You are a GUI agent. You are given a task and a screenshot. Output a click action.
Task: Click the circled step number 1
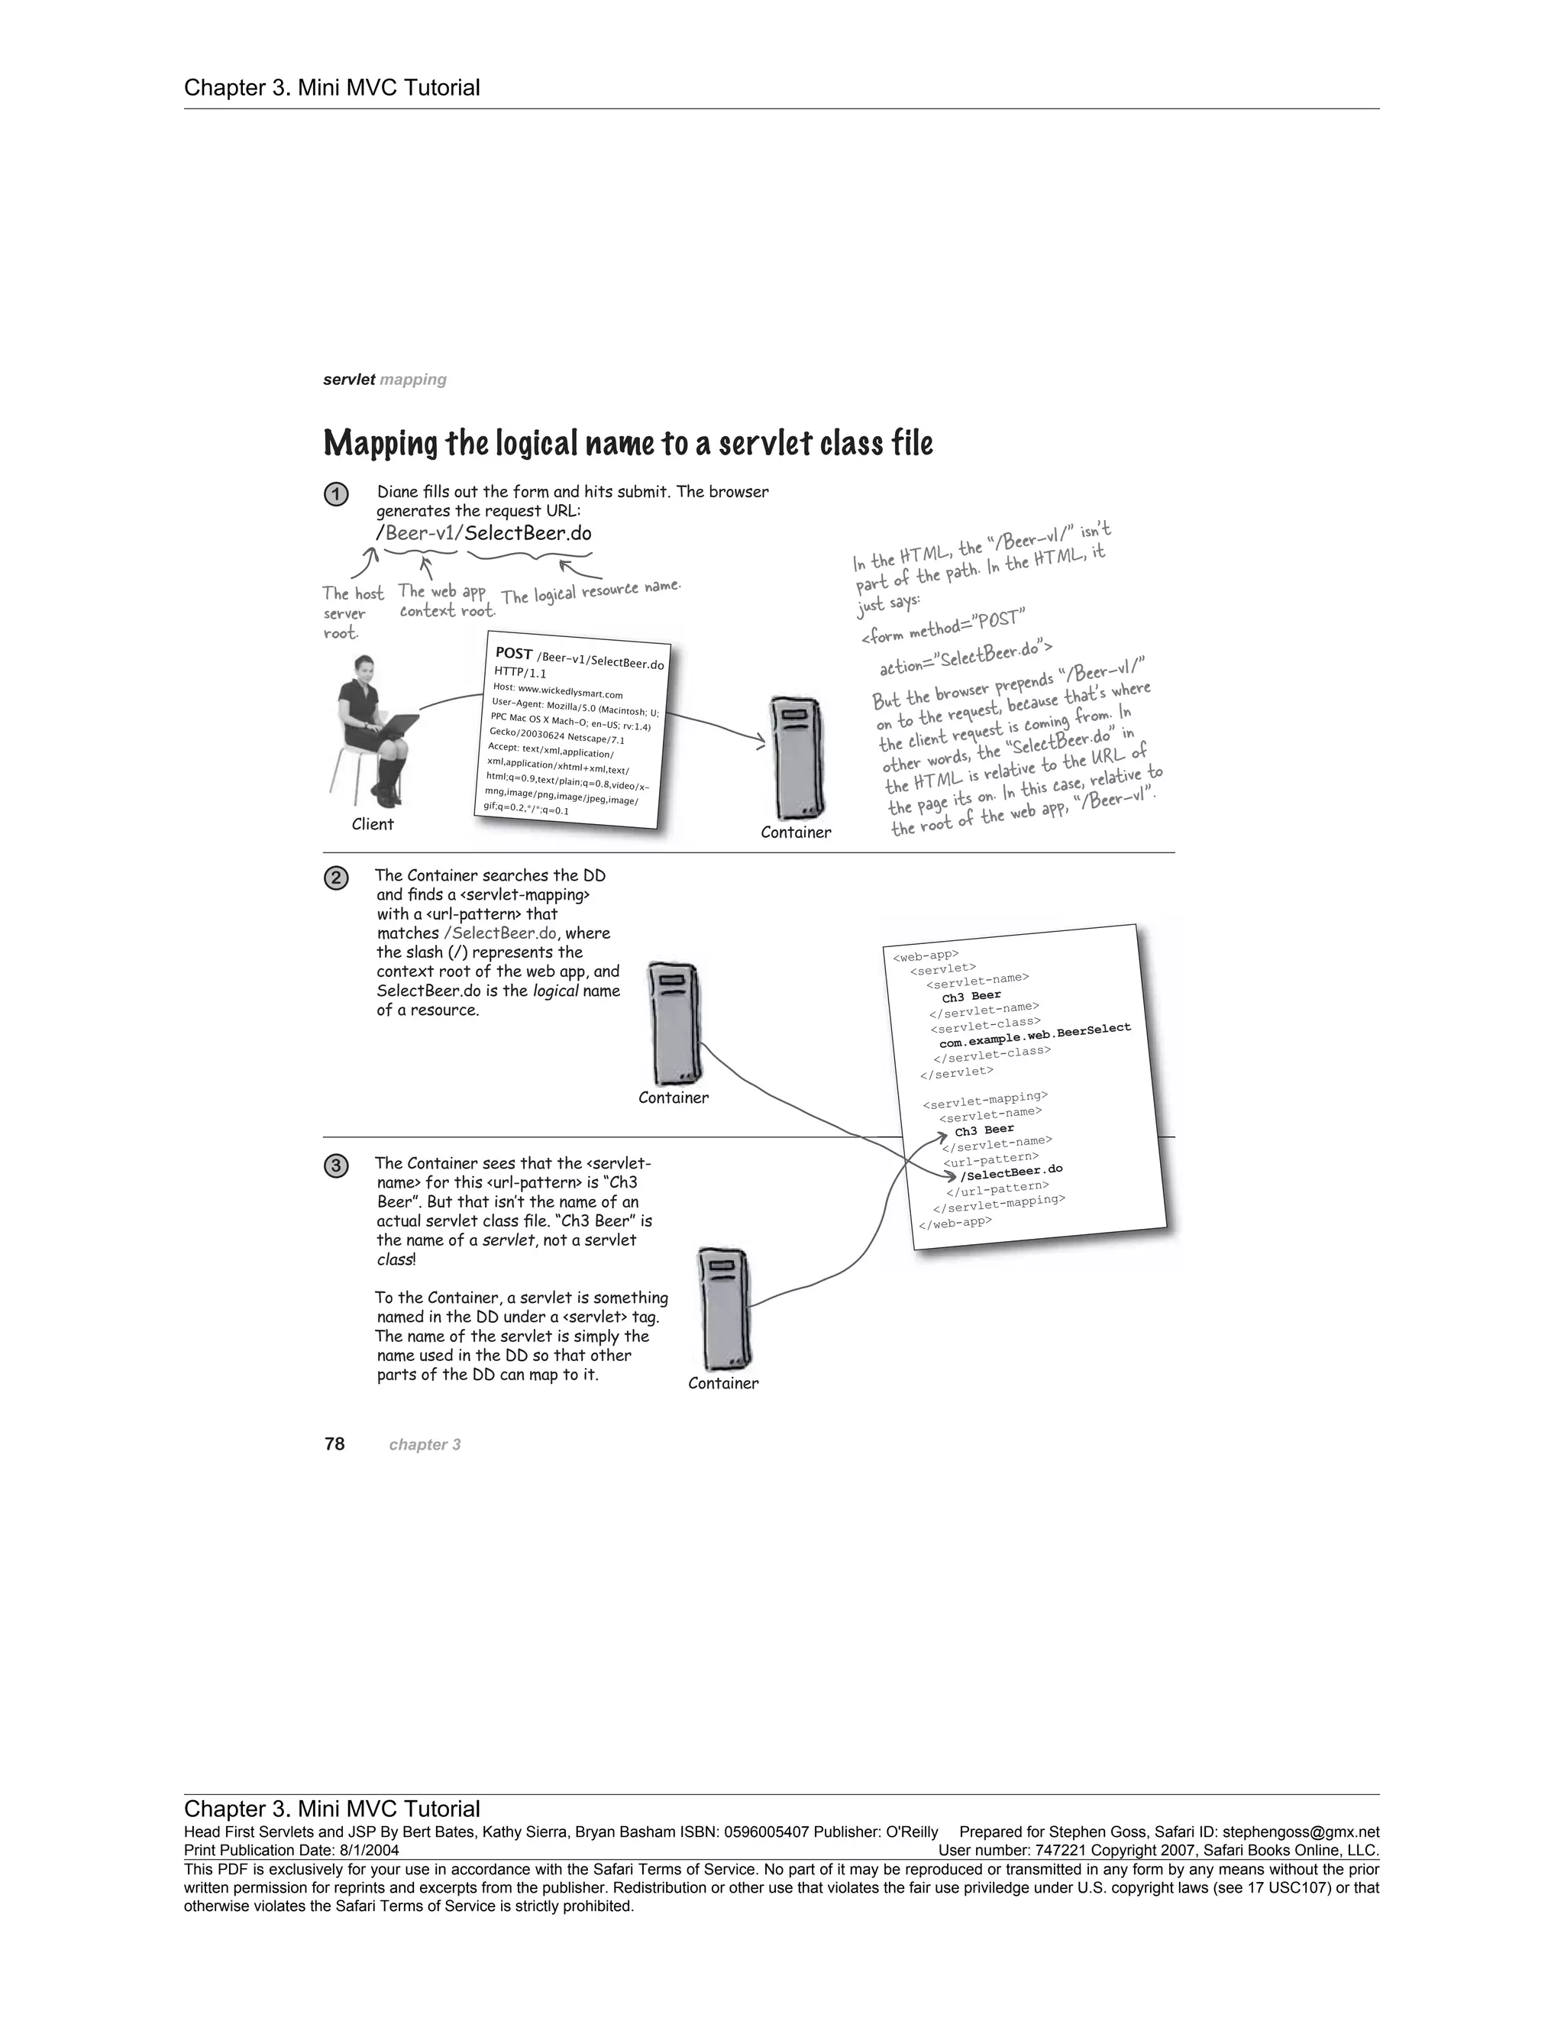(x=335, y=495)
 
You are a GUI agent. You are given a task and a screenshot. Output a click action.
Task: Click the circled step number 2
(x=335, y=878)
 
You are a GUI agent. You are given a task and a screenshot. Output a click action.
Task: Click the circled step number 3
(x=335, y=1166)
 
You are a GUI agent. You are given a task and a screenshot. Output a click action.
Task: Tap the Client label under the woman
(x=373, y=824)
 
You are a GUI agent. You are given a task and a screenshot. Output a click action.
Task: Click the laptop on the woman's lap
(x=394, y=726)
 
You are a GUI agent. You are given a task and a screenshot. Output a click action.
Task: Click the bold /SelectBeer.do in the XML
(x=1011, y=1172)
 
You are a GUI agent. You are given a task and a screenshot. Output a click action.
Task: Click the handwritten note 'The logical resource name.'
(x=591, y=591)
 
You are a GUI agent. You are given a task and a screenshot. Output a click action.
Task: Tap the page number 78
(x=334, y=1444)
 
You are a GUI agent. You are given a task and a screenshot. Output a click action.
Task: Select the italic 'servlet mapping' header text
(x=385, y=379)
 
